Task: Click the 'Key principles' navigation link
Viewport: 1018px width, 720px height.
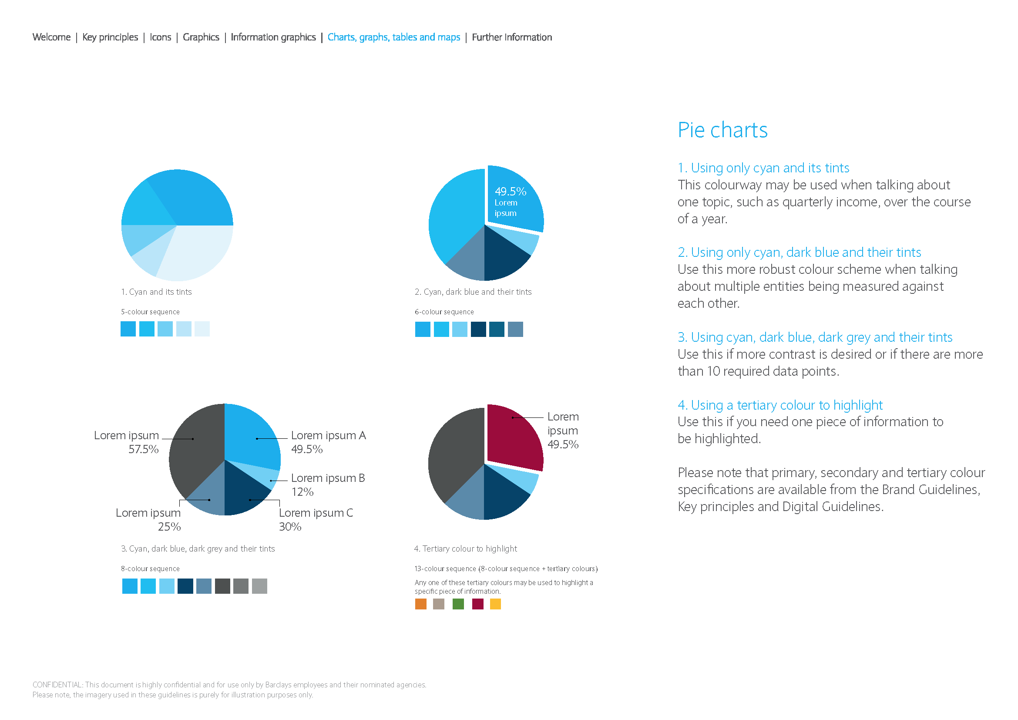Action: tap(110, 37)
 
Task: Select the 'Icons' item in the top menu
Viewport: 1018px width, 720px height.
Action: tap(161, 37)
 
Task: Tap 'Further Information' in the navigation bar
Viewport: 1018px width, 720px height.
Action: tap(512, 37)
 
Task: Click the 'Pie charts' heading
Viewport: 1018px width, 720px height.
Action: tap(722, 130)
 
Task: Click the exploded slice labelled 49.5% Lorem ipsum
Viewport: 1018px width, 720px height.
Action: tap(514, 199)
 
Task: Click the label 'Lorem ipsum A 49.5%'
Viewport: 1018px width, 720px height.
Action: tap(328, 442)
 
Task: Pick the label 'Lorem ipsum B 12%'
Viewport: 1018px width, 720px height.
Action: tap(328, 484)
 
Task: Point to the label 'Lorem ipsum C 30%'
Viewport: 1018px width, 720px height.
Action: tap(316, 520)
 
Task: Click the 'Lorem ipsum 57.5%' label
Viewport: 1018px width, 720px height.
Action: tap(126, 442)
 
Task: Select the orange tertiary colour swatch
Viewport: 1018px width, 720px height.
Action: tap(420, 604)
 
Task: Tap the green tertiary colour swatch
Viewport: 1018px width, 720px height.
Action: tap(458, 604)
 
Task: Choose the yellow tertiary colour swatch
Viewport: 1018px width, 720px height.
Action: tap(495, 604)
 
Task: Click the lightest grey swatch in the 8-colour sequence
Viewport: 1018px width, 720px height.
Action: tap(259, 586)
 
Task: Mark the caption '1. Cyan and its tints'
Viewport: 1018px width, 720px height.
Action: tap(157, 292)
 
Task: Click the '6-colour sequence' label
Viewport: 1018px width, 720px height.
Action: tap(444, 312)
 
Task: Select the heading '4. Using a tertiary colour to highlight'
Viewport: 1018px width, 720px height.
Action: tap(780, 405)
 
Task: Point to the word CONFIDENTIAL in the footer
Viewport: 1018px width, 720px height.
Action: tap(57, 685)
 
